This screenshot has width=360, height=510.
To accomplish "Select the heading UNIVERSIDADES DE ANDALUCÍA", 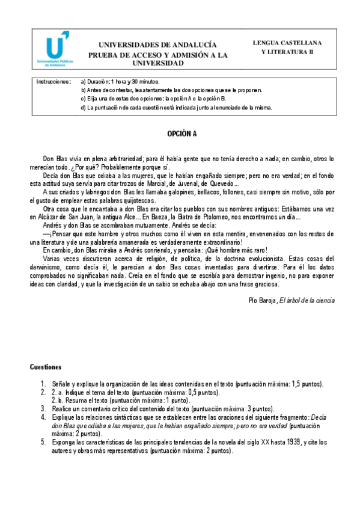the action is click(x=157, y=45).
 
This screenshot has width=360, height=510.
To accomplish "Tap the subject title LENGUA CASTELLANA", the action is click(x=287, y=43).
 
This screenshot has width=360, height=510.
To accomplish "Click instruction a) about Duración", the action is click(x=120, y=81).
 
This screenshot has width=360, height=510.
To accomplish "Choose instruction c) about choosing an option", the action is click(x=153, y=99).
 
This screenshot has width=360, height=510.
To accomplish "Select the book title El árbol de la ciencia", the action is click(x=307, y=300).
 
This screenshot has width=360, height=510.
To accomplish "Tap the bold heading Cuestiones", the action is click(x=50, y=366).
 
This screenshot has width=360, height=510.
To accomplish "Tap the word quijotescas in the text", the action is click(x=138, y=200).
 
